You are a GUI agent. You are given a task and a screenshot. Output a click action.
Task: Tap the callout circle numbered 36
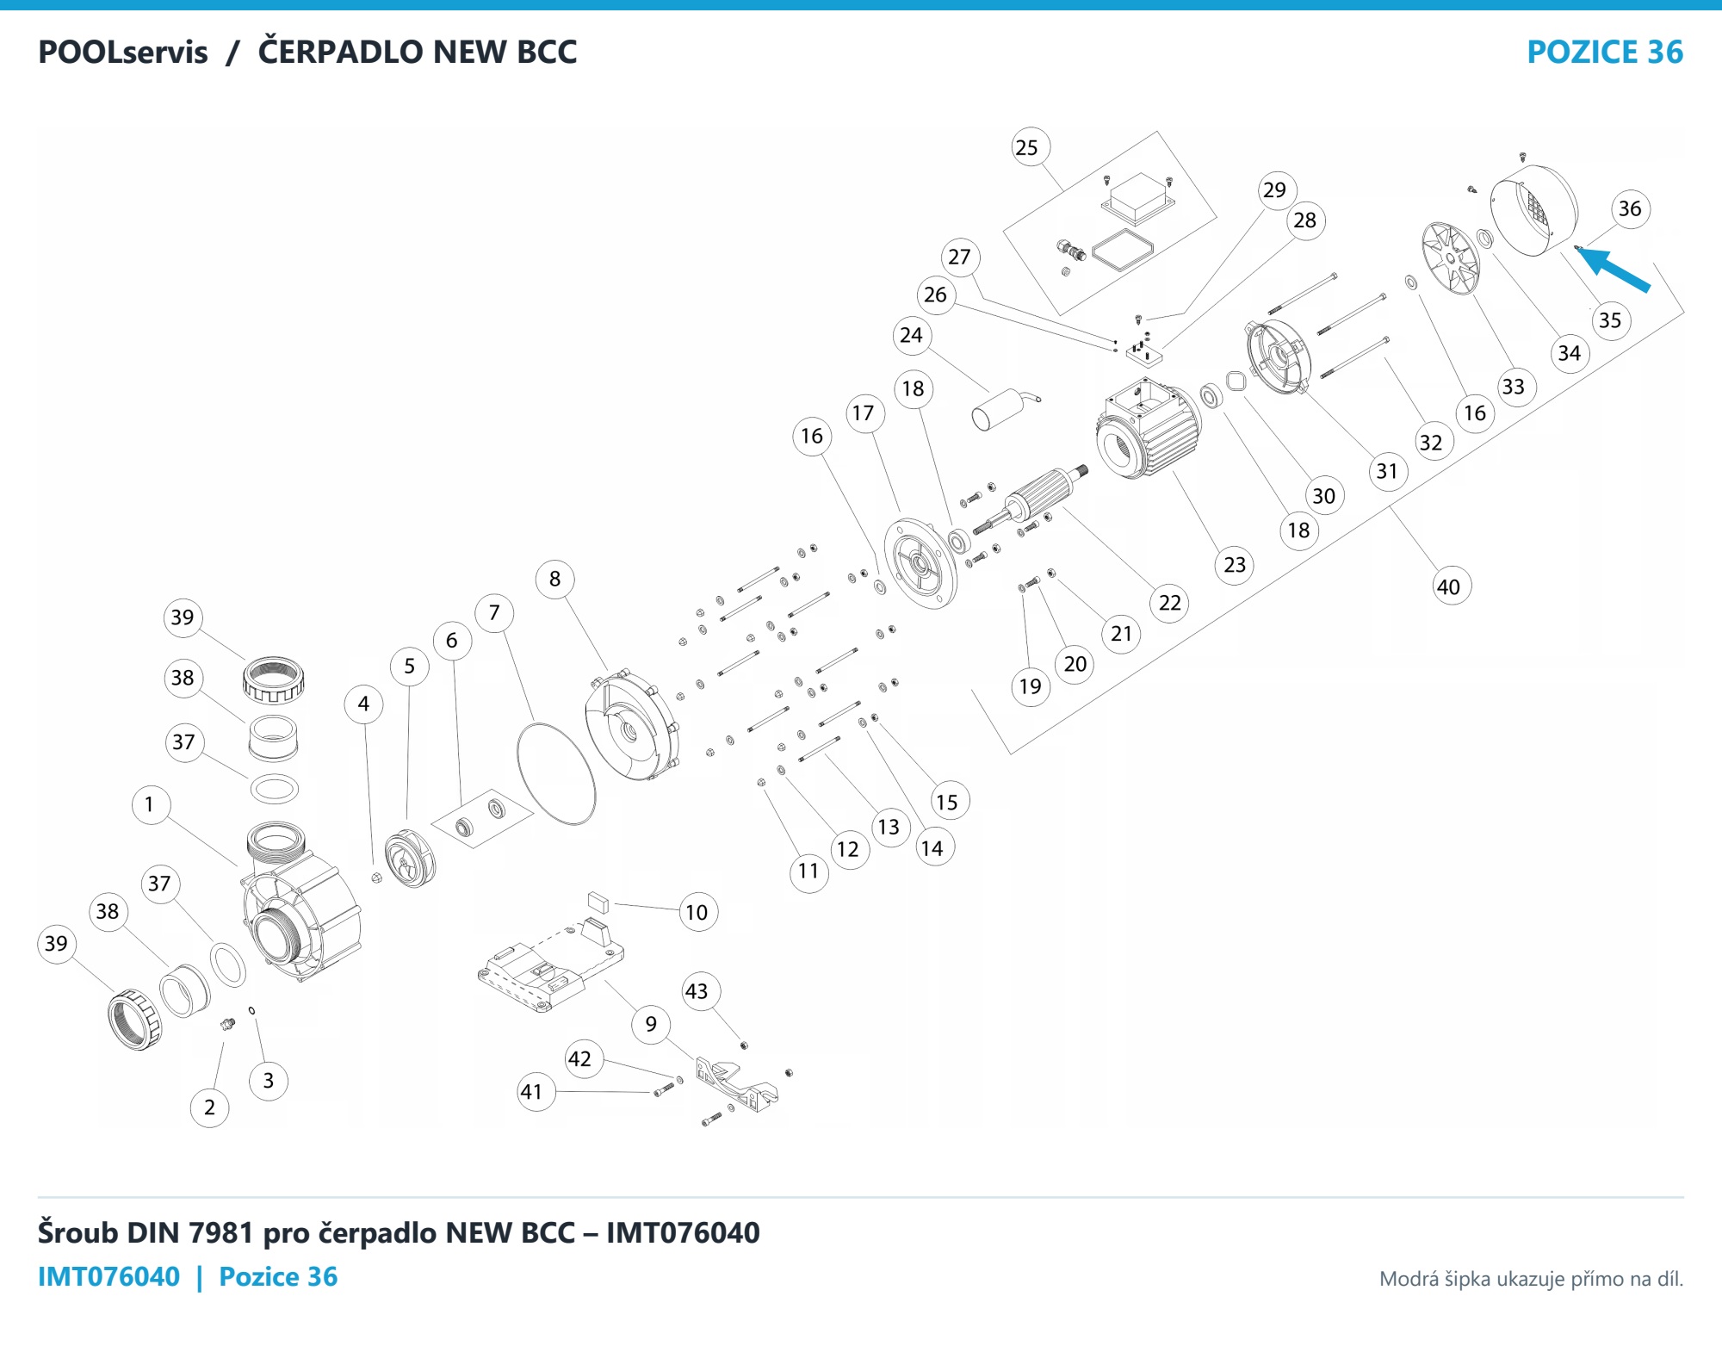tap(1630, 208)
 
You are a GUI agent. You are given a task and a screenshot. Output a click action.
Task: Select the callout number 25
tap(1027, 147)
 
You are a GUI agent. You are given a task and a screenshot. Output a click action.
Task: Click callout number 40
tap(1449, 586)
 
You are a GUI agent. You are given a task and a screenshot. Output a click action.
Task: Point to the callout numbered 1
tap(150, 804)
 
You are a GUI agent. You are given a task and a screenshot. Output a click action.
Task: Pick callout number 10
tap(697, 912)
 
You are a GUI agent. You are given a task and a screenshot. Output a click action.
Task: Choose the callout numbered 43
tap(697, 991)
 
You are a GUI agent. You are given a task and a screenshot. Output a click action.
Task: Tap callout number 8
tap(555, 579)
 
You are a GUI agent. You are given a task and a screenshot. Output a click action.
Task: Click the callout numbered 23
tap(1235, 565)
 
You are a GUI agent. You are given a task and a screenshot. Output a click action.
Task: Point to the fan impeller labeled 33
tap(1451, 258)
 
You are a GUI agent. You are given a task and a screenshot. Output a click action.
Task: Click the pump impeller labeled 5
tap(410, 858)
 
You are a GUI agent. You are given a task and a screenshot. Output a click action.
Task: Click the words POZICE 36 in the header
tap(1605, 53)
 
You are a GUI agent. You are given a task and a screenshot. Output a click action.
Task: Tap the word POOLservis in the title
tap(123, 53)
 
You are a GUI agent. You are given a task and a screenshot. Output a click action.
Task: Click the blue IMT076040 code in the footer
tap(109, 1276)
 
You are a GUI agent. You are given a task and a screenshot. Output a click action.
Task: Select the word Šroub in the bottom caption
tap(78, 1233)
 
